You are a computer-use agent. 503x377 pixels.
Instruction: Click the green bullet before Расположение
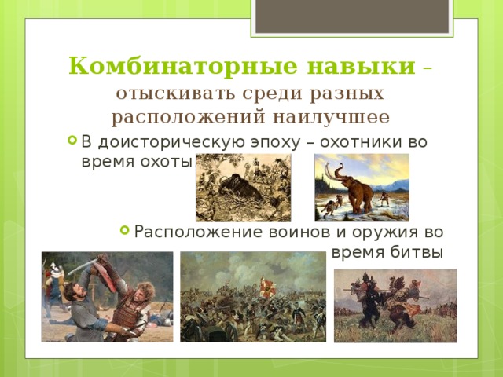click(x=124, y=231)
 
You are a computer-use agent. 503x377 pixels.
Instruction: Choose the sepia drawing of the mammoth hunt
click(x=243, y=188)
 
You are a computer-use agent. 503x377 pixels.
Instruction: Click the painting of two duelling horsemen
click(x=395, y=305)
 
